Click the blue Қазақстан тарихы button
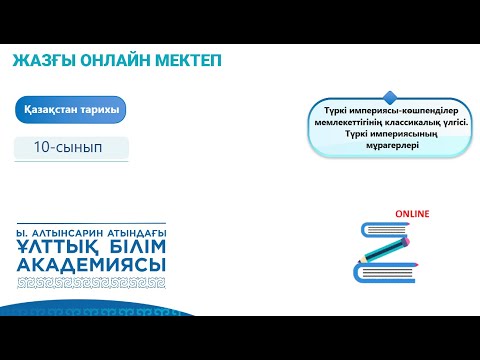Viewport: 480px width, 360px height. point(71,109)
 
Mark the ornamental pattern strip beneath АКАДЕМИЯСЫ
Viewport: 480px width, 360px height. point(92,282)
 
